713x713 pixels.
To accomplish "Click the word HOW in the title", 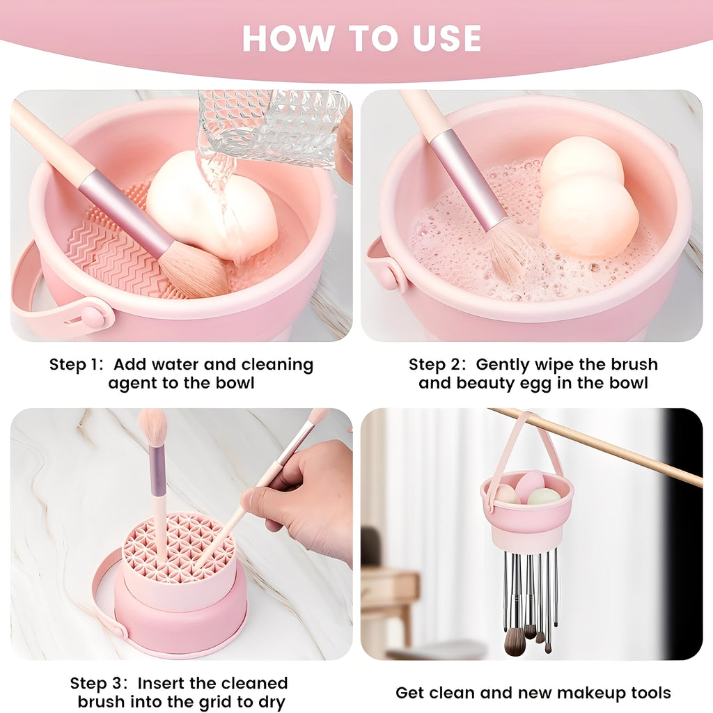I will (280, 39).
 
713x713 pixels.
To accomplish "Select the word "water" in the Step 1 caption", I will (188, 365).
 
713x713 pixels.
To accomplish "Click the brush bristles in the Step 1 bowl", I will (192, 272).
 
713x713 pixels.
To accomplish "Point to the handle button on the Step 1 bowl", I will (92, 317).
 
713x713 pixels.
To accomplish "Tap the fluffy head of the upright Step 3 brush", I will (153, 426).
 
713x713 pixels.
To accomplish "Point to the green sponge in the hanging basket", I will (544, 496).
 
